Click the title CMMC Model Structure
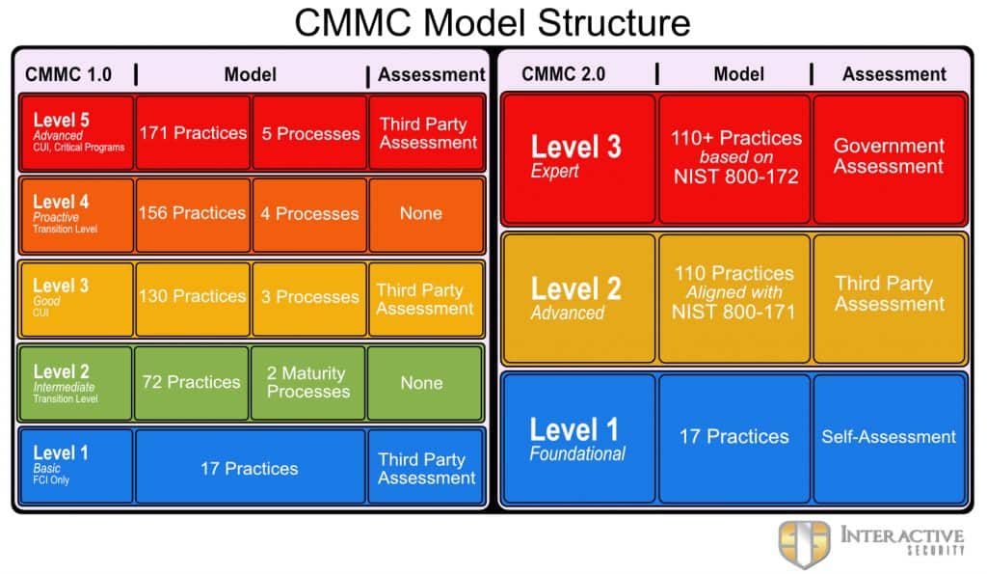(x=493, y=23)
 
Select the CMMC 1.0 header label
(x=68, y=74)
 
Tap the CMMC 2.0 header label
(x=563, y=74)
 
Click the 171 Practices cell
(x=193, y=133)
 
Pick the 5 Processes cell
(x=309, y=133)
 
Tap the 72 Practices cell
(x=192, y=382)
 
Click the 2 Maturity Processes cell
(x=307, y=382)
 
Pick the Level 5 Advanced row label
(x=77, y=132)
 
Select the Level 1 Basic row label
(x=76, y=466)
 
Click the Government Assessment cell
(x=890, y=157)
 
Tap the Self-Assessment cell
(x=889, y=437)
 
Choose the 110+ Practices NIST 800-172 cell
(x=734, y=157)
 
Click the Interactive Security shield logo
(x=804, y=544)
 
